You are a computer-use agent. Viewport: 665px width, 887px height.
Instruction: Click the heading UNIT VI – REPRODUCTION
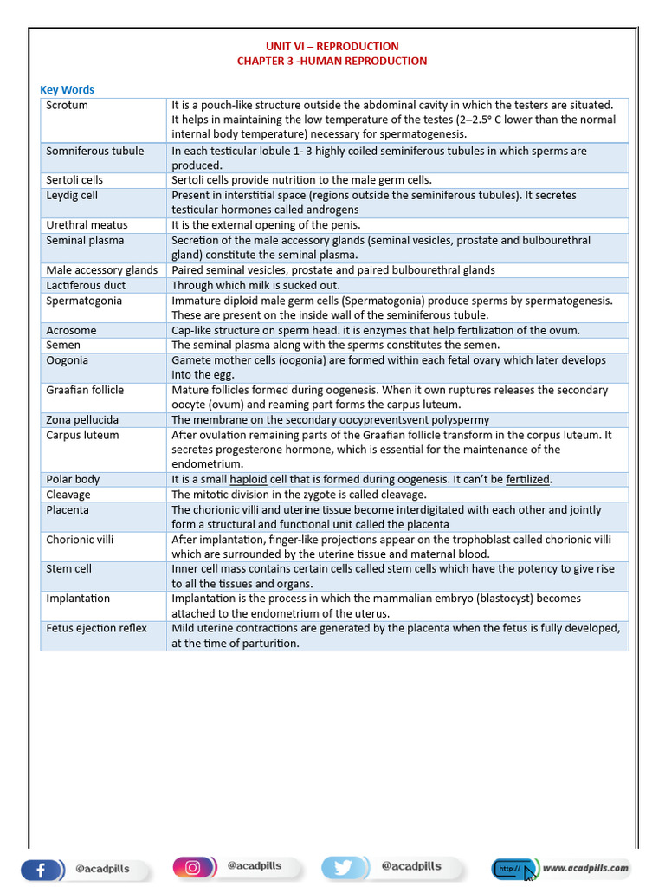[332, 46]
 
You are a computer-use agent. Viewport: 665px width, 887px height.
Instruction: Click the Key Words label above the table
[67, 89]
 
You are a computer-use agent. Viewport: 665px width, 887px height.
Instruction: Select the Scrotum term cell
[67, 105]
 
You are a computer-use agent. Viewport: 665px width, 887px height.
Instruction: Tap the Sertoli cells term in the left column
[74, 180]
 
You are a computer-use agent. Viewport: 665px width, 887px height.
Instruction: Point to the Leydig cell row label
[72, 195]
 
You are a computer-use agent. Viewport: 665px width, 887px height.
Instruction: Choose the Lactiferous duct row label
[86, 285]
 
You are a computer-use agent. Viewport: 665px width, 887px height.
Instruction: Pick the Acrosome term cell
[71, 330]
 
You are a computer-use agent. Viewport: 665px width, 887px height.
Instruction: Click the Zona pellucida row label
[82, 419]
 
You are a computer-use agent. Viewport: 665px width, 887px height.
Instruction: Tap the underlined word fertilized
[528, 479]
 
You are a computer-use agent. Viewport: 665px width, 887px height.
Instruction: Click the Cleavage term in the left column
[68, 495]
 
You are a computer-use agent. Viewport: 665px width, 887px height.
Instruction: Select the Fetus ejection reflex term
[96, 628]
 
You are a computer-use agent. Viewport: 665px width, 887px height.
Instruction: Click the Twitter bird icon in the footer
[341, 867]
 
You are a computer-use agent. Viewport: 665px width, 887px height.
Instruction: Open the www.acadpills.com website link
[585, 867]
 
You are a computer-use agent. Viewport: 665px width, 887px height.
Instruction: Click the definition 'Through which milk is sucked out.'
[255, 285]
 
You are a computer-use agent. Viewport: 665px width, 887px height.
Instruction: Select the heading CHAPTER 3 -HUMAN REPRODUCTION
[332, 61]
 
